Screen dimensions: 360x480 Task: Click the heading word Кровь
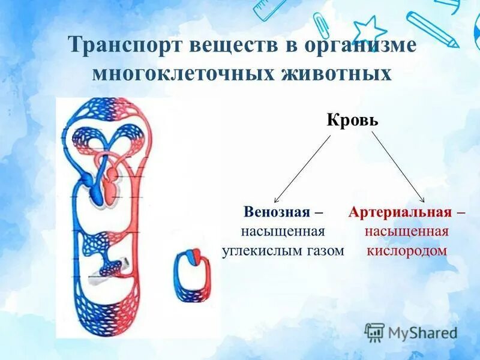click(x=352, y=119)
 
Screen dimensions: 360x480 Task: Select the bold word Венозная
click(x=277, y=212)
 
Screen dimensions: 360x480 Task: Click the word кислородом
click(x=407, y=250)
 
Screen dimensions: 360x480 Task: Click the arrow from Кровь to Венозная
click(x=302, y=169)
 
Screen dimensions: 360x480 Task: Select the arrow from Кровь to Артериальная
click(x=398, y=167)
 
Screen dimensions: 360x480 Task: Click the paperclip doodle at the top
click(x=322, y=26)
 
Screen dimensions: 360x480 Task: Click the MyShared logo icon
click(x=374, y=332)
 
